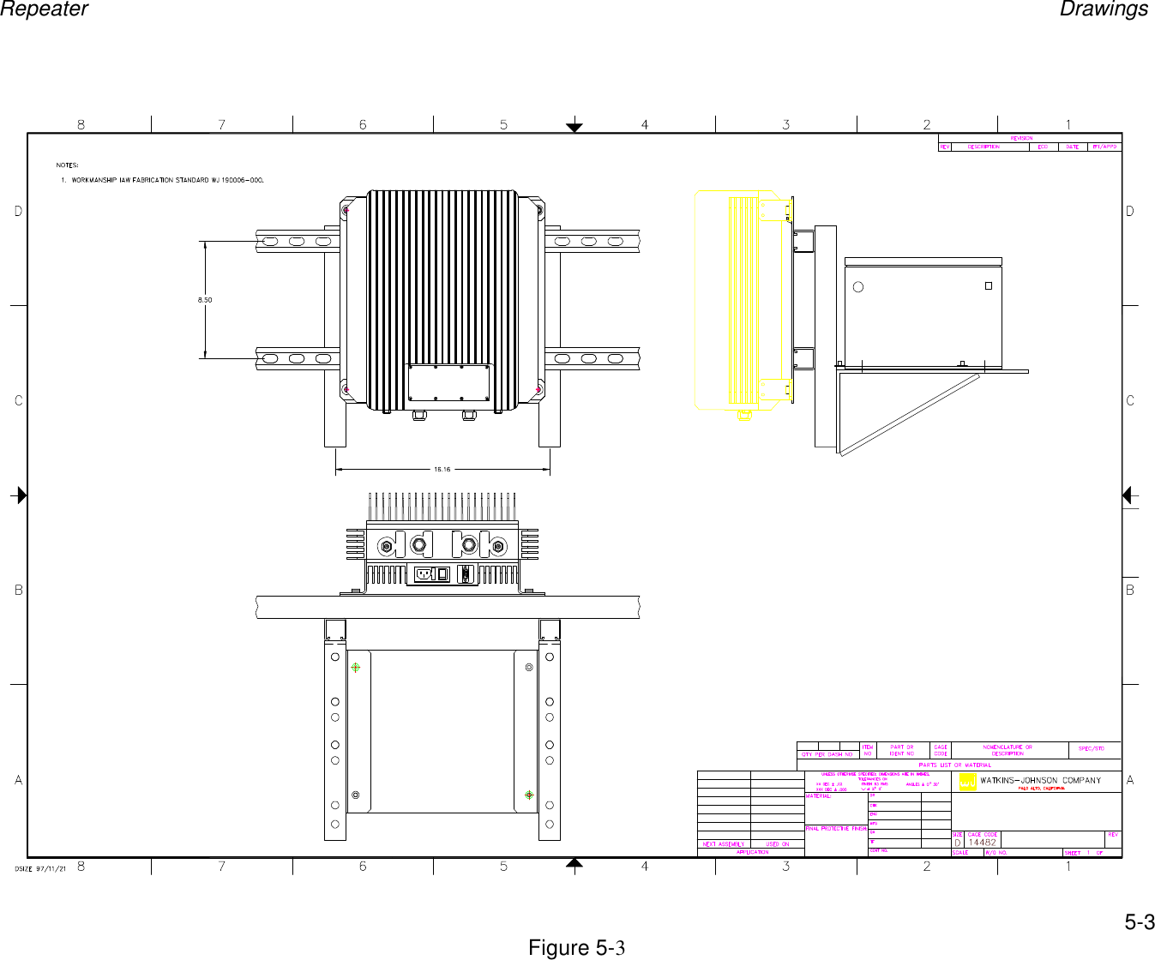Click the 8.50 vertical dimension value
pos(204,300)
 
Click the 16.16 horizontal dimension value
pos(442,470)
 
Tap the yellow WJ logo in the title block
pos(967,781)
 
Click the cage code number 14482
pos(983,843)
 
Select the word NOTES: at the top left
pos(67,165)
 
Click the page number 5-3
pos(1139,922)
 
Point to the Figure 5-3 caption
pos(576,948)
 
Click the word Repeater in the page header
pos(44,9)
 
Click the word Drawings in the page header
pos(1104,9)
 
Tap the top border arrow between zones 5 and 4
pos(574,128)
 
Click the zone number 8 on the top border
pos(81,125)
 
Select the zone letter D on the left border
pos(19,211)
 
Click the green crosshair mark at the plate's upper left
pos(355,667)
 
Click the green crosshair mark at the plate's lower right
pos(529,795)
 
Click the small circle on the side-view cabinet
pos(858,287)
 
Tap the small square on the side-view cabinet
pos(988,286)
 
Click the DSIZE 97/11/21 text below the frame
pos(40,868)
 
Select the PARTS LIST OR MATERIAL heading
pos(954,765)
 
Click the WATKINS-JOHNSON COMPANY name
pos(1040,781)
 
